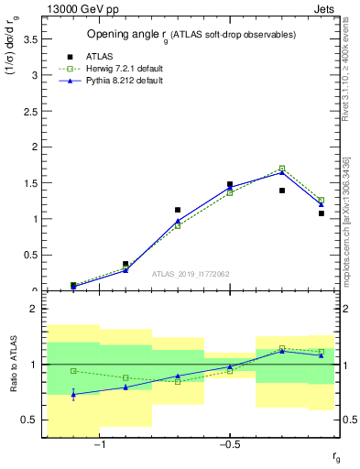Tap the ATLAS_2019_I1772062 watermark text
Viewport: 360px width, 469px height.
[190, 274]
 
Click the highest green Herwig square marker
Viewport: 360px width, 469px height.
[282, 169]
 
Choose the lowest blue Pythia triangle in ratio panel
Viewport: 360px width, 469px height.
[73, 394]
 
